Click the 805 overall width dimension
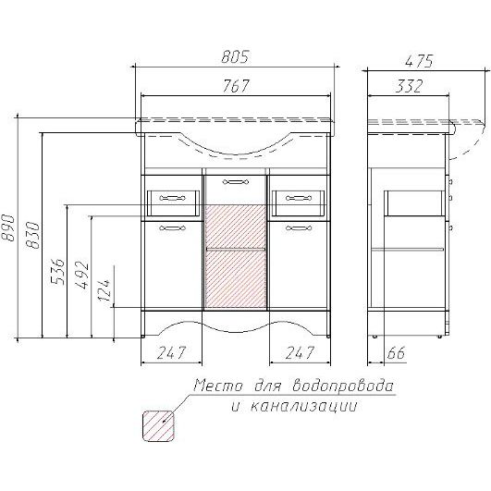[x=235, y=56]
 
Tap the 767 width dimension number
[x=236, y=85]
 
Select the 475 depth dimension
[x=419, y=61]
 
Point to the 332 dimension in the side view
[x=409, y=86]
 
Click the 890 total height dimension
[x=7, y=227]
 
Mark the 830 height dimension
[x=33, y=235]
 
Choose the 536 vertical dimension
[x=58, y=271]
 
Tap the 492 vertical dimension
[x=82, y=275]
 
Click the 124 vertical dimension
[x=104, y=290]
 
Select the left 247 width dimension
[x=171, y=352]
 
